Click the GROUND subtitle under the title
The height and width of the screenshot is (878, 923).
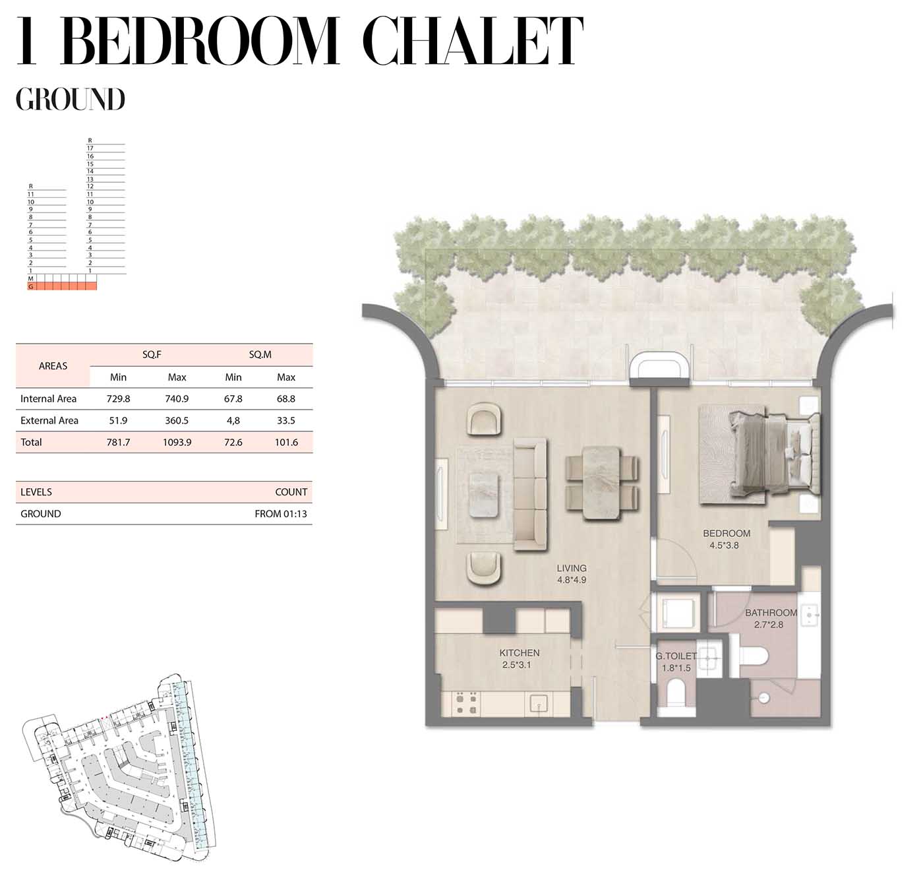click(x=71, y=99)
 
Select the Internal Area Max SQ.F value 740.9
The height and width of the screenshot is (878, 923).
click(x=177, y=399)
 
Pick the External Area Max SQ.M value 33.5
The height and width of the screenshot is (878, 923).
click(x=286, y=420)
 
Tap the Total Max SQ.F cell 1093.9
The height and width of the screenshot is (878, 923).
click(x=177, y=442)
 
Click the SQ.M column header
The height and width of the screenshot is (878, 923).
click(x=260, y=355)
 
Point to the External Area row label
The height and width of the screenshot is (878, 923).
click(x=49, y=420)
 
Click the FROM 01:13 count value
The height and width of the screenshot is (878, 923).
click(x=281, y=514)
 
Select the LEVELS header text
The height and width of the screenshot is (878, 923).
click(x=36, y=492)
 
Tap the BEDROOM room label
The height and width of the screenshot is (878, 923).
click(x=727, y=533)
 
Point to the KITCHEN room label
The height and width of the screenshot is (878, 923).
click(x=520, y=652)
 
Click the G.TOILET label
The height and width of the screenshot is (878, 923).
click(x=676, y=656)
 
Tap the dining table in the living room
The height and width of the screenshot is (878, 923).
click(x=602, y=483)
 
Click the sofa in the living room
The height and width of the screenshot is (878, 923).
click(x=531, y=494)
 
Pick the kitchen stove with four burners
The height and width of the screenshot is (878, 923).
click(x=467, y=704)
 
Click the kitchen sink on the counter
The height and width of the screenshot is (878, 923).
click(x=539, y=704)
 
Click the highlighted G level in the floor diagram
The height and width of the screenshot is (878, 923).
click(x=62, y=286)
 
